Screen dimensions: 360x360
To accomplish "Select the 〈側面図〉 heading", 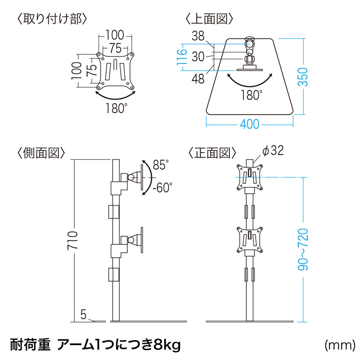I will click(x=41, y=153).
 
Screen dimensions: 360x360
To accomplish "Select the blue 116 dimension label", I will click(x=182, y=58).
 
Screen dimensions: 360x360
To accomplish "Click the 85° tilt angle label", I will click(x=160, y=165).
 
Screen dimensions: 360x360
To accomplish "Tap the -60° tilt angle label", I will click(x=162, y=187).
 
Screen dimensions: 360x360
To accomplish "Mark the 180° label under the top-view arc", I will click(x=251, y=94).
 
